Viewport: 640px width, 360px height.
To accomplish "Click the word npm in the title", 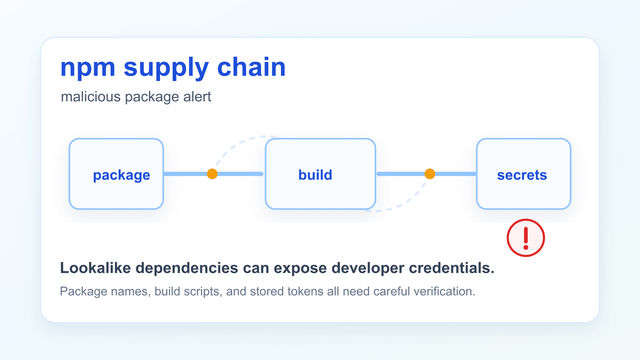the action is [88, 67].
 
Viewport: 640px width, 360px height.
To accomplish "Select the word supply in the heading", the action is [166, 68].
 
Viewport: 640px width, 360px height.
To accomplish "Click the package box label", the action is [121, 175].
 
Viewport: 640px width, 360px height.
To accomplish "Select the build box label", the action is [315, 175].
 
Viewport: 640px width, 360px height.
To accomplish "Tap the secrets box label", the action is [522, 175].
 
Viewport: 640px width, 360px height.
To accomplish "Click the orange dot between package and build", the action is [212, 174].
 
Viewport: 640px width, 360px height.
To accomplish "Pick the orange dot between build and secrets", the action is [430, 174].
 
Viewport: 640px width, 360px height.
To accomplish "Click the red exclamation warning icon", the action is [526, 238].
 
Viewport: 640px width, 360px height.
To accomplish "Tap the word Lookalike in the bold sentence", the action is [96, 268].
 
